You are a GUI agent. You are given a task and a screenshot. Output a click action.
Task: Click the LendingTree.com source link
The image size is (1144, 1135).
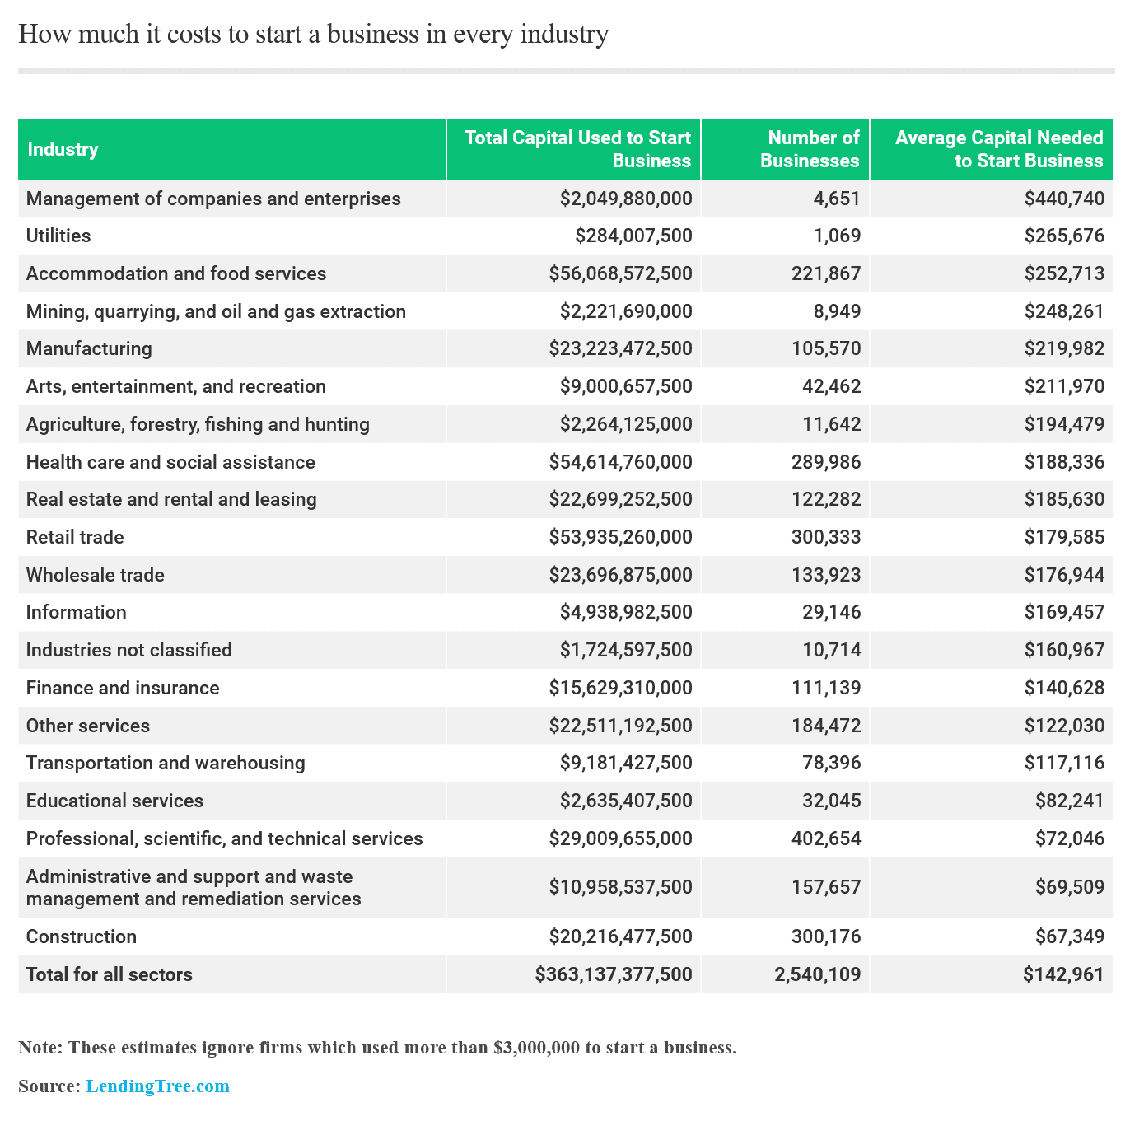click(x=157, y=1086)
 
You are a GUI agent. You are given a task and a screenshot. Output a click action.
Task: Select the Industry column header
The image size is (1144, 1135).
click(x=63, y=149)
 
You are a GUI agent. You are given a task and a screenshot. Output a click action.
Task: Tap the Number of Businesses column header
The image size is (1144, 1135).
click(x=810, y=149)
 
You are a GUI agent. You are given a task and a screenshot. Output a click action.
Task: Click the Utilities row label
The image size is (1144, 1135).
click(x=58, y=236)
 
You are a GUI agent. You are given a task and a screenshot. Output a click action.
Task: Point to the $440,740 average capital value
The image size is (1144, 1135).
click(x=1064, y=199)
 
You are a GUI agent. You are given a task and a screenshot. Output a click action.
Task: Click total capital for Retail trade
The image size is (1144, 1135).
click(x=621, y=537)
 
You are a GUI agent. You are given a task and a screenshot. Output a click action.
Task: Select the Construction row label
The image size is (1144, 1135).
click(x=82, y=936)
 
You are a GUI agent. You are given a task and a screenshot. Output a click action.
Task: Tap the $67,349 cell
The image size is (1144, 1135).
click(x=1070, y=936)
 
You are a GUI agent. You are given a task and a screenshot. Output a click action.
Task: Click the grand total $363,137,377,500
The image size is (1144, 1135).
click(x=614, y=974)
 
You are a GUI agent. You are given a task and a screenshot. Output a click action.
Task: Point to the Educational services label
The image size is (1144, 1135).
click(x=114, y=801)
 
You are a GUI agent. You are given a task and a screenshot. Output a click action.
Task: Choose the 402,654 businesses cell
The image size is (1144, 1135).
click(x=831, y=838)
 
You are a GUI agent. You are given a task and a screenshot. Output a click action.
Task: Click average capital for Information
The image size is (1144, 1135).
click(x=1064, y=612)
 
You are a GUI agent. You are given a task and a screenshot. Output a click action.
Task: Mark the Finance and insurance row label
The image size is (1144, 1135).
click(x=123, y=688)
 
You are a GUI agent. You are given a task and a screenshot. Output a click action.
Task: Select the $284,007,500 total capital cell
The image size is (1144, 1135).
click(x=633, y=236)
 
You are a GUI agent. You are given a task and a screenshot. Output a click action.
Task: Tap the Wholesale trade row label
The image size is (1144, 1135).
click(x=96, y=575)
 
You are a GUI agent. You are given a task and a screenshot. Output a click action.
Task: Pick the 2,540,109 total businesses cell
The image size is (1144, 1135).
click(x=818, y=974)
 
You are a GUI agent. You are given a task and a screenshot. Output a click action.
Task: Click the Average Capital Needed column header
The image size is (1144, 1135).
click(x=999, y=149)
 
